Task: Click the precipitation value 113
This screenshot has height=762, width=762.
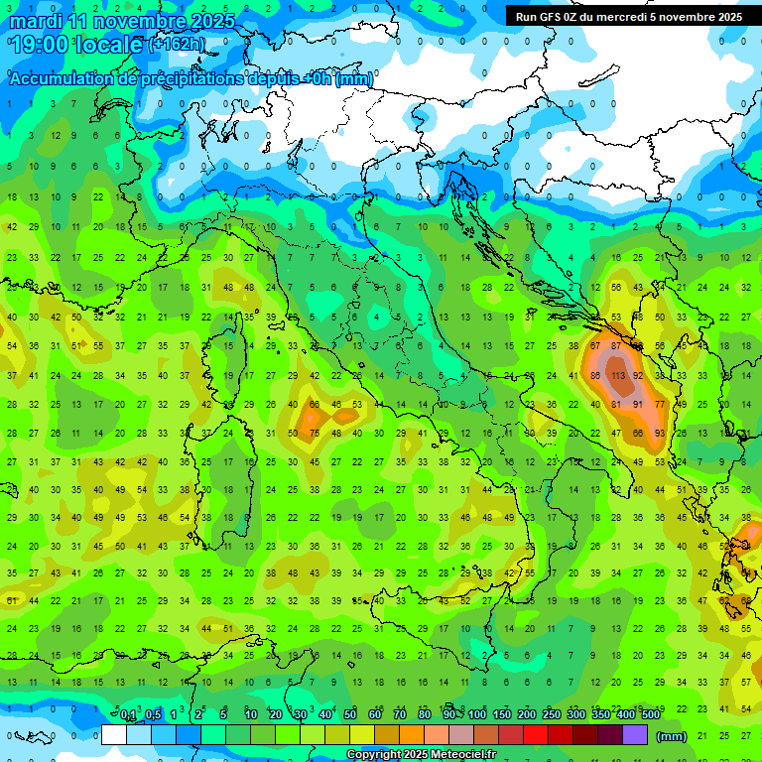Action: pos(616,376)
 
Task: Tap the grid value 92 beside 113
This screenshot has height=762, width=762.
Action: pos(638,376)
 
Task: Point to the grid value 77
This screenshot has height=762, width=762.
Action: pos(660,405)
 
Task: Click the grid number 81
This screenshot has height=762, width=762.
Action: pos(616,405)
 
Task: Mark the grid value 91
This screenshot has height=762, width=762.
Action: pos(638,405)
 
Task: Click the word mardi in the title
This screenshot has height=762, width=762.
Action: pos(36,21)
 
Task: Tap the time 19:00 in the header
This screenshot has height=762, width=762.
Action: pos(40,44)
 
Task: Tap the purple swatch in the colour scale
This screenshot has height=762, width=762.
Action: pos(636,735)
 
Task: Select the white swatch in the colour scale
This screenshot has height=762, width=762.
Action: pos(114,735)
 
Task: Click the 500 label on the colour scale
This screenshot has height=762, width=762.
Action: pos(650,715)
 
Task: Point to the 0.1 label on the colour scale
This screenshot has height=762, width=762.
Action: pos(128,715)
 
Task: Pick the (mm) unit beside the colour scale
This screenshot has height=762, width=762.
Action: pos(672,736)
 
